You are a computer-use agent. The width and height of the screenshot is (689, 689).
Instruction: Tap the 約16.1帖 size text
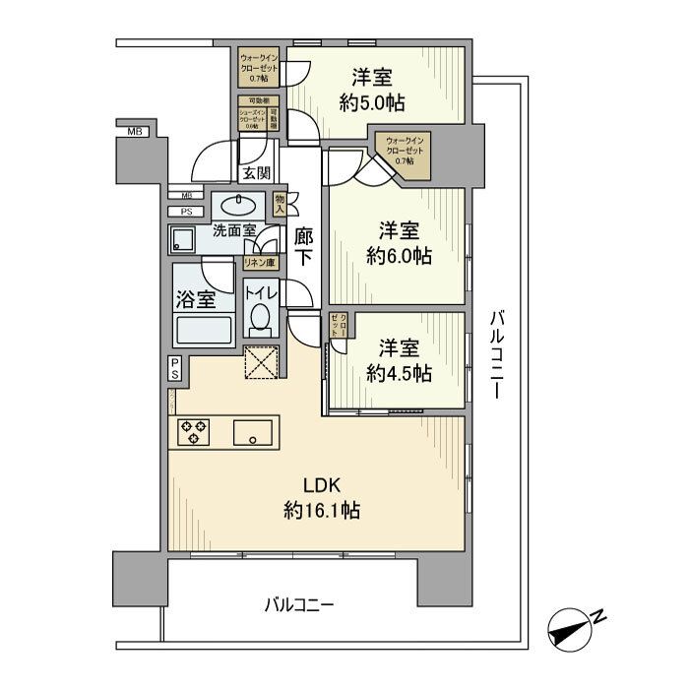pyautogui.click(x=321, y=511)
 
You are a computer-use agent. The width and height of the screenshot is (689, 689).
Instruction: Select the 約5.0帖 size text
pyautogui.click(x=372, y=102)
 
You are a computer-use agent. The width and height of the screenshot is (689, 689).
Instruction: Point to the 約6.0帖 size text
pyautogui.click(x=399, y=257)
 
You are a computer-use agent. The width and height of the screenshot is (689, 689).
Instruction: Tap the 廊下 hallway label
pyautogui.click(x=304, y=249)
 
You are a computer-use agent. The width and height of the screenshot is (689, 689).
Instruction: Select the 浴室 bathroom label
pyautogui.click(x=196, y=302)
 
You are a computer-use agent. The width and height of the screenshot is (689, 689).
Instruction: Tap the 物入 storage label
pyautogui.click(x=280, y=204)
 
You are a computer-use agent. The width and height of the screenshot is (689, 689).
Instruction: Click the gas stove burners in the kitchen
pyautogui.click(x=193, y=432)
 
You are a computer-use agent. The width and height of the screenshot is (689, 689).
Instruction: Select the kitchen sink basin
pyautogui.click(x=253, y=432)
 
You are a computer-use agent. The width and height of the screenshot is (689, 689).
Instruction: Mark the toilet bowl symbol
pyautogui.click(x=261, y=318)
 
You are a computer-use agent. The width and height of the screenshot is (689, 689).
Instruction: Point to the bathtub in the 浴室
pyautogui.click(x=201, y=329)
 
